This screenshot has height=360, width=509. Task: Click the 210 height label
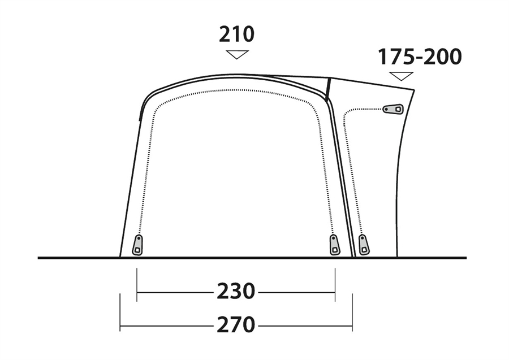[236, 34]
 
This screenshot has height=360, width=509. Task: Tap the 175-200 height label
[420, 57]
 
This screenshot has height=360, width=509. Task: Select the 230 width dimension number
[236, 291]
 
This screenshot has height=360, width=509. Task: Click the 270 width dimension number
[236, 324]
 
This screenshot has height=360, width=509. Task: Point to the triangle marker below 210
[238, 54]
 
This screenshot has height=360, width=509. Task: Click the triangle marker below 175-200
[402, 76]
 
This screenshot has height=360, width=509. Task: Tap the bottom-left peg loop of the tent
[137, 245]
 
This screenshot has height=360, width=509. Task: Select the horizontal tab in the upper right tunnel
[393, 109]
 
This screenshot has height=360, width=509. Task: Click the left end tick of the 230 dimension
[137, 285]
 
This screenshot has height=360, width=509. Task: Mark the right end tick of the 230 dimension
[335, 285]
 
